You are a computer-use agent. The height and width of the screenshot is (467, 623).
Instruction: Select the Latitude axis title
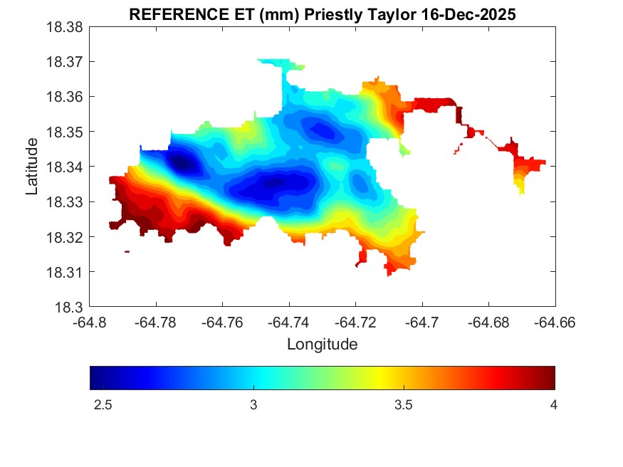[32, 167]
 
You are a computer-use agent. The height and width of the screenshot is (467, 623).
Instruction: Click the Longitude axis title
[322, 345]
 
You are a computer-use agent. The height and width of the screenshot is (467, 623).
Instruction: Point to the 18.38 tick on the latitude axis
[68, 27]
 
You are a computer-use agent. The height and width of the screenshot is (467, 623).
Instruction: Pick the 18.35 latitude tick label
[68, 132]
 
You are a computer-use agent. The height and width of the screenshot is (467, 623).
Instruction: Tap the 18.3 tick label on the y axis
[71, 308]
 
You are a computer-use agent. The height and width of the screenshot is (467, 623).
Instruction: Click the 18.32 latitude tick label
[68, 237]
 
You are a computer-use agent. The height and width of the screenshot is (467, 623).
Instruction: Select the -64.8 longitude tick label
[90, 322]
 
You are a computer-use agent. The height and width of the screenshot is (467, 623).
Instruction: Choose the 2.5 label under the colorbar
[103, 405]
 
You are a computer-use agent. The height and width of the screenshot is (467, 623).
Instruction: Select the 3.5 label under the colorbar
[403, 405]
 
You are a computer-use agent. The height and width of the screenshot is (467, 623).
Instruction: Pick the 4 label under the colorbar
[553, 405]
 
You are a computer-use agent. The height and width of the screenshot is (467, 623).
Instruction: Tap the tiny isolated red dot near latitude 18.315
[127, 251]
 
